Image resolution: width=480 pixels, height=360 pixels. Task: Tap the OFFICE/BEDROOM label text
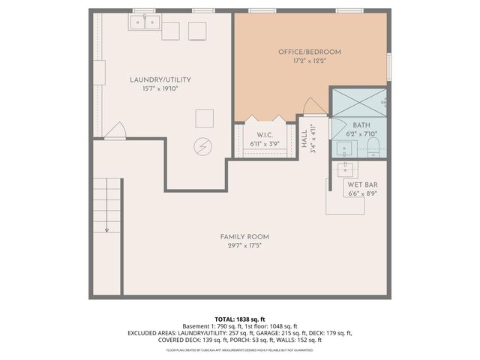(x=309, y=52)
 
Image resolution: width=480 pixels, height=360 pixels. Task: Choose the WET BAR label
(x=361, y=184)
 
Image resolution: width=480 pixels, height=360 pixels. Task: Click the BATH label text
(x=361, y=125)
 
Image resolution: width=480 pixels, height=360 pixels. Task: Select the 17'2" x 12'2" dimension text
(x=309, y=61)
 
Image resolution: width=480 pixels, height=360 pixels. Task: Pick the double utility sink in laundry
(x=143, y=23)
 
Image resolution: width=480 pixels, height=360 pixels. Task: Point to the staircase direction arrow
(x=107, y=229)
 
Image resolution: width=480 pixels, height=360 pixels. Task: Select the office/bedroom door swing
(x=313, y=108)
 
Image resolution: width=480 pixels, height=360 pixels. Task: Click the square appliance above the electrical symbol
(x=204, y=118)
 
